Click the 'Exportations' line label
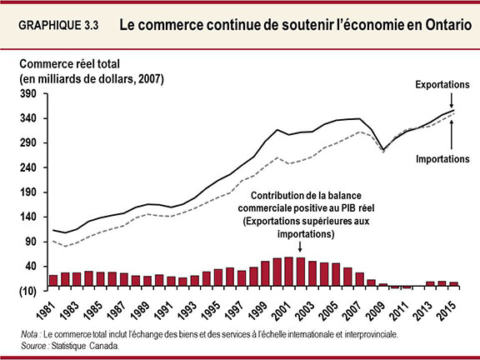[443, 85]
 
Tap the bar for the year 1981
[53, 280]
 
